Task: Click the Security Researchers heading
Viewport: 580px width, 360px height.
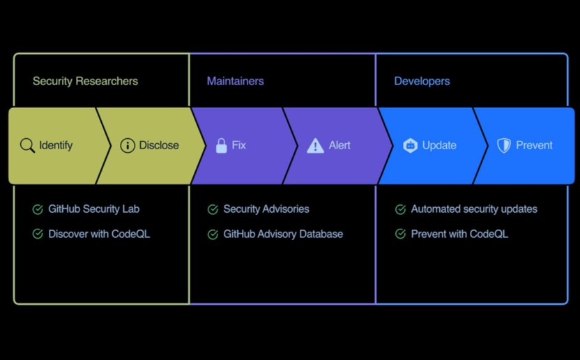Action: (85, 81)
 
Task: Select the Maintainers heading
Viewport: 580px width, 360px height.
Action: (235, 81)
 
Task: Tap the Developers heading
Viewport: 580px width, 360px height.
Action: (422, 81)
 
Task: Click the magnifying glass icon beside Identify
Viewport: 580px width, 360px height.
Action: (27, 146)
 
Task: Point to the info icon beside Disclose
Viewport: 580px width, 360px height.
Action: (128, 146)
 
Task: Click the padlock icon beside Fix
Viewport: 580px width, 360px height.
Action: (221, 146)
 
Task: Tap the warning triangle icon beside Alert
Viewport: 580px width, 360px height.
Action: (315, 146)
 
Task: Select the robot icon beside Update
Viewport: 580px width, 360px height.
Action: (410, 146)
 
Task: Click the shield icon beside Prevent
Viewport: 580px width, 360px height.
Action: (504, 146)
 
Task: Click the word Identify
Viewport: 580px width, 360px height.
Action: (56, 145)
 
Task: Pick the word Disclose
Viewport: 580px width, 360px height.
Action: (159, 145)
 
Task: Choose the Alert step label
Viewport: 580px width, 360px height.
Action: (339, 145)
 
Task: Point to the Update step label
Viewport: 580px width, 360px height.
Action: (439, 145)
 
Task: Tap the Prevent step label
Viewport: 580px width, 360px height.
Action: (534, 145)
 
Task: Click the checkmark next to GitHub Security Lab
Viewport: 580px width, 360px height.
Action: (38, 209)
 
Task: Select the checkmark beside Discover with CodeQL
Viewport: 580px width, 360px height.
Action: (38, 234)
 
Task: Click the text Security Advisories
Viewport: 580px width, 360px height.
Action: (266, 209)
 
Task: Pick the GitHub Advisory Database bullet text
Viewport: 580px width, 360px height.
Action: (283, 234)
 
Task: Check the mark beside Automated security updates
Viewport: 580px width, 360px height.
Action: (401, 209)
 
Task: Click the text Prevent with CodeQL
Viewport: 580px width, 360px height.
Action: (459, 234)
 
